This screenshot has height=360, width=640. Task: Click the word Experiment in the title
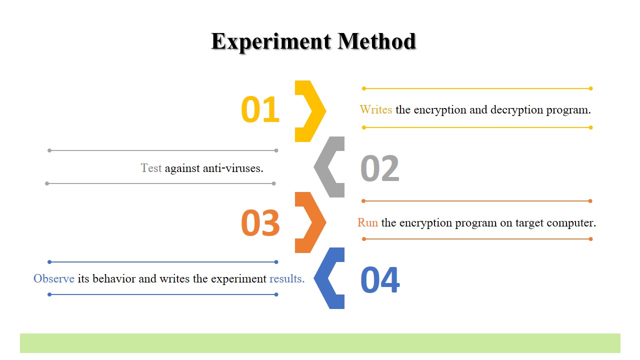[271, 42]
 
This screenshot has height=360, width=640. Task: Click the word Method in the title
[376, 41]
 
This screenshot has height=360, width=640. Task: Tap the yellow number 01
[260, 109]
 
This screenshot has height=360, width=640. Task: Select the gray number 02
[379, 168]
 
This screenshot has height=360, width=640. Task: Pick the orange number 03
[260, 222]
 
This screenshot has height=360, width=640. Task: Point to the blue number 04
[380, 279]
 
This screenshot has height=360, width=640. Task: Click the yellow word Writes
[375, 109]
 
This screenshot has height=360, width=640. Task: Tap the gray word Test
[151, 168]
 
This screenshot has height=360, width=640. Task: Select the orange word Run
[367, 222]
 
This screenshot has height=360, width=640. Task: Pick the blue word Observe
[54, 278]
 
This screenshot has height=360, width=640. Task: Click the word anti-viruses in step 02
[233, 168]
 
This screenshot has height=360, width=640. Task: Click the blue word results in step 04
[287, 278]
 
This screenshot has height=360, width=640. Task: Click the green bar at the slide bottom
[320, 343]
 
